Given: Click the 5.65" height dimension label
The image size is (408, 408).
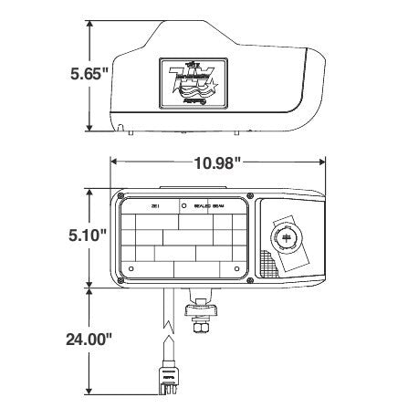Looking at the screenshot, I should [89, 76].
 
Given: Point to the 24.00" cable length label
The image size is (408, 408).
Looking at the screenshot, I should [89, 339].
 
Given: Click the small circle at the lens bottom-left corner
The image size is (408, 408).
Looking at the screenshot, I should [131, 269].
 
